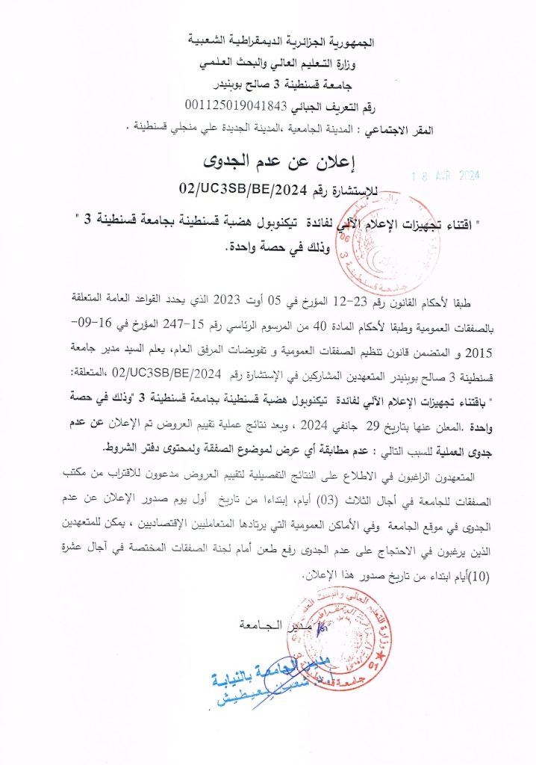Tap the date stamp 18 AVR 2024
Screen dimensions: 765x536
[x=446, y=177]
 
